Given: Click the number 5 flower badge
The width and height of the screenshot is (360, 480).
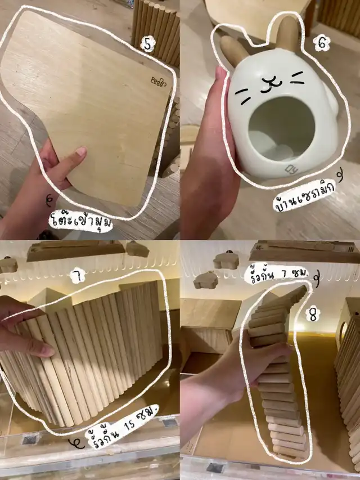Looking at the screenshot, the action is [148, 44].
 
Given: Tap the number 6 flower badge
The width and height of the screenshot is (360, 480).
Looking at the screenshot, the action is [322, 43].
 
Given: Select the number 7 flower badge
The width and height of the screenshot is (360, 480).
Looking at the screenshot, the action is [77, 276].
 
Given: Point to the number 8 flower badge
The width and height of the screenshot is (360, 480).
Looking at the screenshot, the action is [313, 315].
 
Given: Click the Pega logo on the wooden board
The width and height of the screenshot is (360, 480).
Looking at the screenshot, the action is [159, 81].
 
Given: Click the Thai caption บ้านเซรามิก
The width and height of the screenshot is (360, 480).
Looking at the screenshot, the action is [304, 194].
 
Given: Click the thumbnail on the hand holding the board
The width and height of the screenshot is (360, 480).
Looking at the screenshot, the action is [82, 151].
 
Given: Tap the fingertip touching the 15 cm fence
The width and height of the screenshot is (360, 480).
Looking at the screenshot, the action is [46, 351].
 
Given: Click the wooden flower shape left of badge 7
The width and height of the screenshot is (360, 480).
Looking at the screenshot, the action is [8, 265].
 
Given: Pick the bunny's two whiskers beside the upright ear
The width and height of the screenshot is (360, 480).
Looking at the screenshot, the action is [298, 78].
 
